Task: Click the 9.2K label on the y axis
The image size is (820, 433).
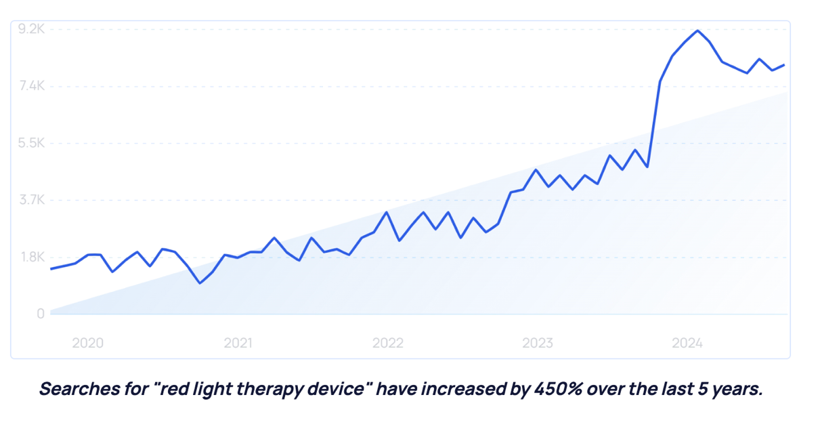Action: (x=31, y=29)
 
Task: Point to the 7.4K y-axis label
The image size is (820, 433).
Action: (x=31, y=86)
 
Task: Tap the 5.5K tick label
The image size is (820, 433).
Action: (x=31, y=143)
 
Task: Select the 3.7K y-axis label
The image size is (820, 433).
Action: (x=31, y=200)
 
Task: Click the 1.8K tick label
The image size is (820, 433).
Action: (x=31, y=257)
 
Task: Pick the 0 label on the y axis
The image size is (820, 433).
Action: (x=41, y=314)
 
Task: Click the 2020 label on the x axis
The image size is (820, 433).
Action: (x=87, y=343)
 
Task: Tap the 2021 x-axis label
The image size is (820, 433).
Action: (x=238, y=343)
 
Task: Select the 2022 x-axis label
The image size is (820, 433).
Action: (x=387, y=343)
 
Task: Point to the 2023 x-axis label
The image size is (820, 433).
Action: (x=538, y=343)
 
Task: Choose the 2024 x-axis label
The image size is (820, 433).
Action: (x=687, y=343)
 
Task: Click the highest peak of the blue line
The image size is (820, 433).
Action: (x=697, y=30)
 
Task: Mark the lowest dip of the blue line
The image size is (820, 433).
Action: (x=200, y=283)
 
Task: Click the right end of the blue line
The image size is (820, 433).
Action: (x=784, y=65)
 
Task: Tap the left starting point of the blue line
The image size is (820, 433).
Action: (x=51, y=269)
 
